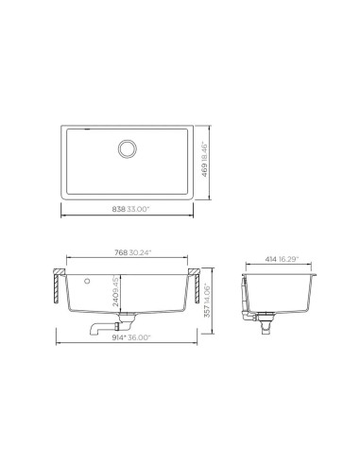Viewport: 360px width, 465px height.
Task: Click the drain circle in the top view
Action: [128, 148]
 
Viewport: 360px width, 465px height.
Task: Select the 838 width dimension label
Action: [119, 209]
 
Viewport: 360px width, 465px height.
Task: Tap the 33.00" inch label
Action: [138, 209]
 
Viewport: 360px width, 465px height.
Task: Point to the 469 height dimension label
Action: [205, 170]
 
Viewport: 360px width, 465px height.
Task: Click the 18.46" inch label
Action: [205, 152]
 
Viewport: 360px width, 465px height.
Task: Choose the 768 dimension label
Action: [121, 252]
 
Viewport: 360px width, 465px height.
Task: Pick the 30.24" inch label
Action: [141, 252]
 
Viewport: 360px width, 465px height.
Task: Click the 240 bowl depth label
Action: [116, 301]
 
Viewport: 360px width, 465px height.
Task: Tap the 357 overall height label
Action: [207, 312]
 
